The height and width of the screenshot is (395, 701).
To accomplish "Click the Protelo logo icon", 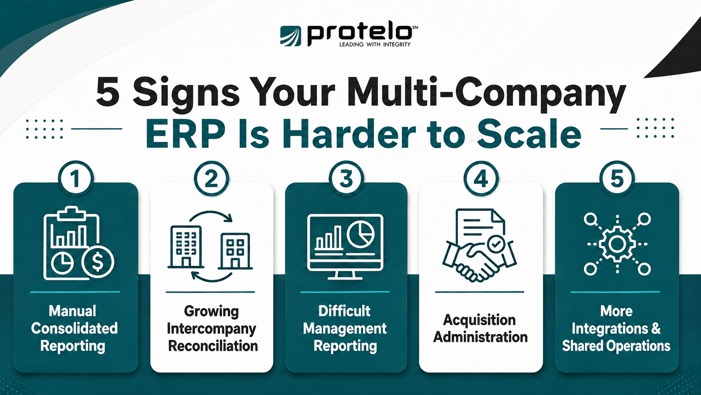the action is pyautogui.click(x=291, y=36).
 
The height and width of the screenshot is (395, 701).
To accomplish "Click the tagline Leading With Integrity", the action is pyautogui.click(x=374, y=44).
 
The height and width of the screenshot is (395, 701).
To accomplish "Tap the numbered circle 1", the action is pyautogui.click(x=76, y=178).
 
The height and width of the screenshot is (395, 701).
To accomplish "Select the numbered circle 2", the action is pyautogui.click(x=212, y=178).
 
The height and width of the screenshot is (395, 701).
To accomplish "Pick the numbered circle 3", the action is pyautogui.click(x=346, y=178).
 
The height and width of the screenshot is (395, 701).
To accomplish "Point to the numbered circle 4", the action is pyautogui.click(x=481, y=178).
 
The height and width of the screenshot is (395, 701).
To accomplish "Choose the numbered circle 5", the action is pyautogui.click(x=617, y=178).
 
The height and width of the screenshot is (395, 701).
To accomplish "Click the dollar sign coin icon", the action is pyautogui.click(x=98, y=262).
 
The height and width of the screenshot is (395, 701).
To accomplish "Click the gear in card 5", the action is pyautogui.click(x=617, y=244).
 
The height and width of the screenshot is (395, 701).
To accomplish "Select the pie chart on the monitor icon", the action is pyautogui.click(x=361, y=235).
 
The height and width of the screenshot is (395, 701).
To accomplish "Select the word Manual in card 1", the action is pyautogui.click(x=73, y=311).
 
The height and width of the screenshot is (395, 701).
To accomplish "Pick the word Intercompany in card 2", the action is pyautogui.click(x=212, y=329).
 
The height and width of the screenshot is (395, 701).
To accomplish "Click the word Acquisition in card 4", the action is pyautogui.click(x=480, y=320).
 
